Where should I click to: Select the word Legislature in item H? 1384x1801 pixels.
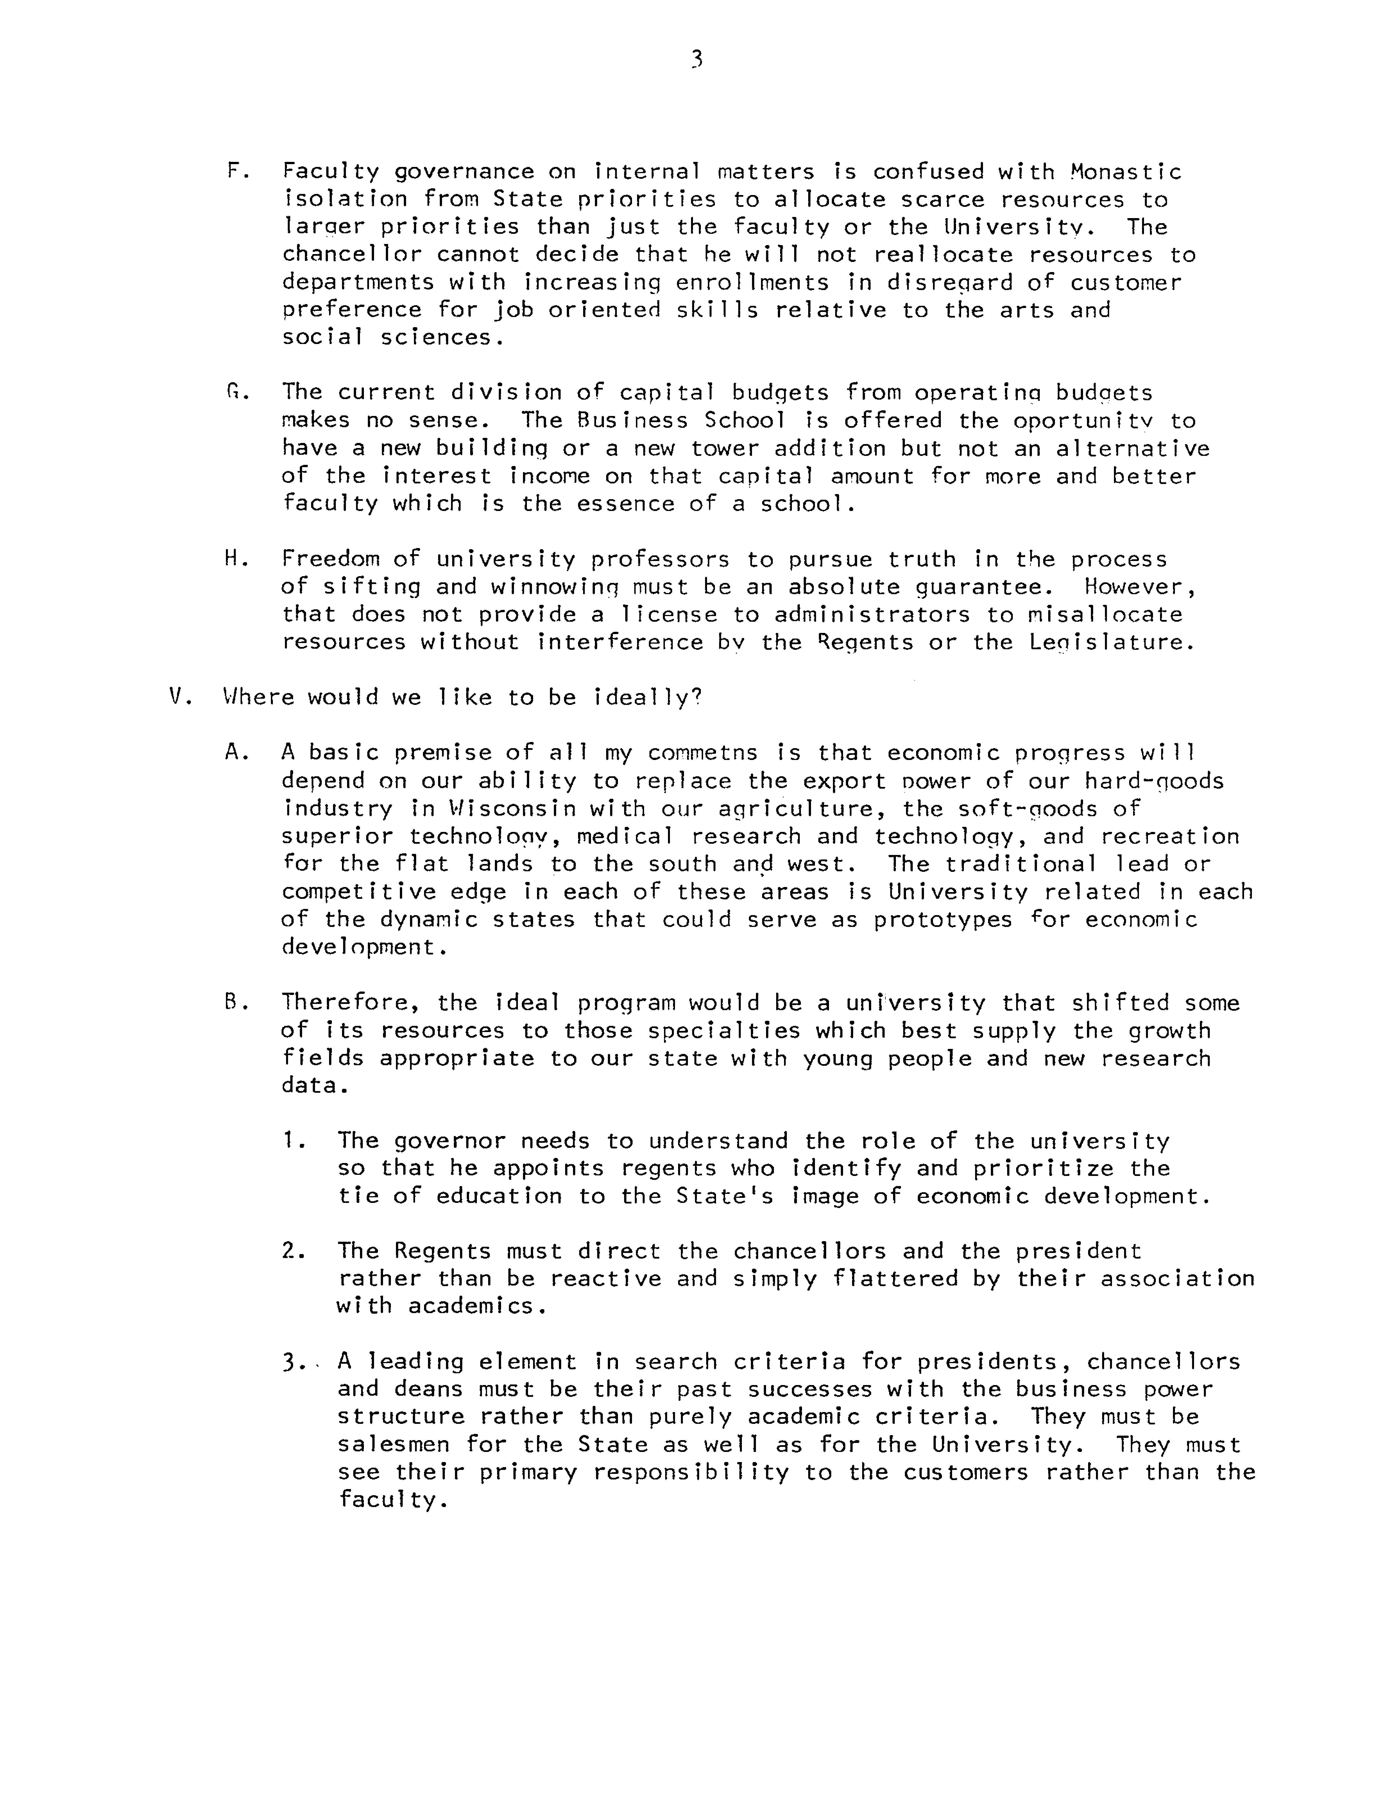coord(1111,642)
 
